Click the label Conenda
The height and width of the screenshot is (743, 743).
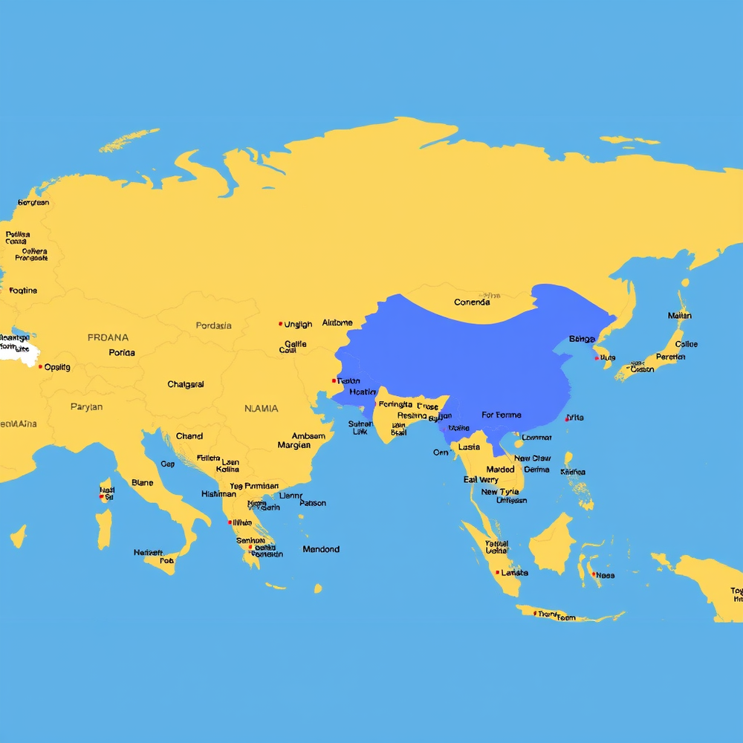[472, 302]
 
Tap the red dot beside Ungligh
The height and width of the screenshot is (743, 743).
[280, 324]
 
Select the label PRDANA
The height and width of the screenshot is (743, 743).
[108, 337]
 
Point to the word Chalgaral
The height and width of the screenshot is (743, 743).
[186, 385]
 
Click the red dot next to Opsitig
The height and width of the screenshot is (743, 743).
[40, 366]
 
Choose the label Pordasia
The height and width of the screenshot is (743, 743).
[213, 325]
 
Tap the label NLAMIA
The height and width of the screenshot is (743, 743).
[262, 409]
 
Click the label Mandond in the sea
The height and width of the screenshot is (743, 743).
[321, 550]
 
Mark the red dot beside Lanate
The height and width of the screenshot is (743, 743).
[496, 573]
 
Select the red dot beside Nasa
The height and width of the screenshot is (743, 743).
[592, 574]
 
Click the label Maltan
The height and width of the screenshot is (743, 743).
[679, 316]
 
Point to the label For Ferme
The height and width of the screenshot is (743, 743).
[502, 415]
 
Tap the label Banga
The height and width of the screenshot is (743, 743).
[582, 340]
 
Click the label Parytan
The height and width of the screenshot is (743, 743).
[86, 407]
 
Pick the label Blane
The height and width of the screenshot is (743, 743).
[142, 483]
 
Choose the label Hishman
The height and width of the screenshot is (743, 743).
[218, 494]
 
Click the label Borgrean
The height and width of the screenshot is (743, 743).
[33, 203]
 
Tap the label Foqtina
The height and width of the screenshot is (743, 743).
[23, 291]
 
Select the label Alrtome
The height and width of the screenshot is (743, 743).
[337, 323]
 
